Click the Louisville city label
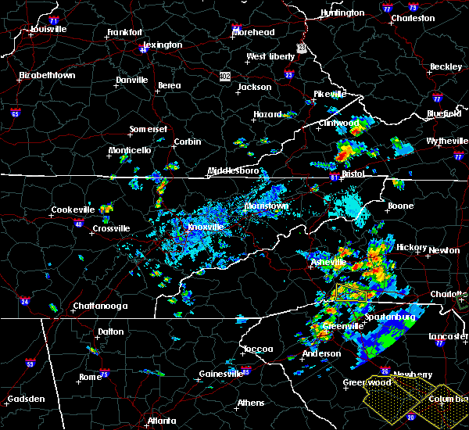[x=48, y=30]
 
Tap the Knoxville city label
[x=206, y=228]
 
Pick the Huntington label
[x=342, y=13]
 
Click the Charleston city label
[x=413, y=18]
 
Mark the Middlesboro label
[x=232, y=171]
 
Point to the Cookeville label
[x=73, y=210]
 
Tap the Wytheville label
[x=446, y=141]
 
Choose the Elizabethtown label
[x=47, y=76]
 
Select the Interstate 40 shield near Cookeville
[x=78, y=224]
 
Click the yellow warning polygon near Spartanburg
[x=351, y=294]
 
